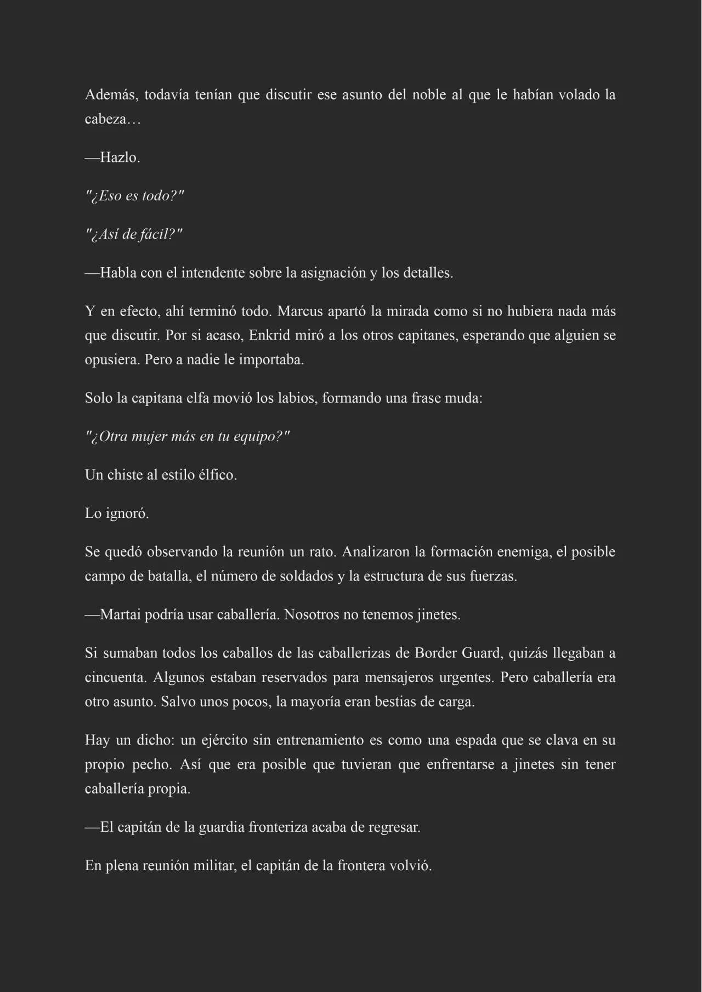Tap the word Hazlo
point(120,158)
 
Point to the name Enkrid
point(269,335)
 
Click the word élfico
point(217,475)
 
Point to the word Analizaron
point(376,552)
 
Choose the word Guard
point(475,653)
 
